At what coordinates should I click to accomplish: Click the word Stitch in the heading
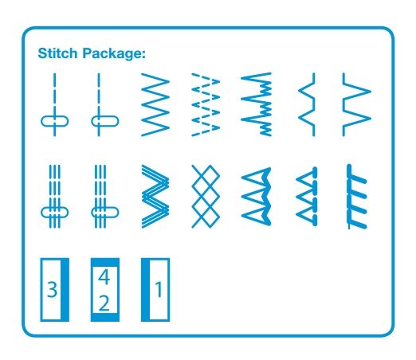57,53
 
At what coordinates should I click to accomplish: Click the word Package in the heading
112,54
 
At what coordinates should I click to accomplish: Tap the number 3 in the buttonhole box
52,290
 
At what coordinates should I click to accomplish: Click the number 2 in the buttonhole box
104,303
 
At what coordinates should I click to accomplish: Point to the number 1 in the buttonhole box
159,289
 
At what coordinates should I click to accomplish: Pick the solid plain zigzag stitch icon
155,104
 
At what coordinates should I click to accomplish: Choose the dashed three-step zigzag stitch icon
206,104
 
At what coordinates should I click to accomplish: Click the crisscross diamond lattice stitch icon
206,197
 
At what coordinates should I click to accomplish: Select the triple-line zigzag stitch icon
155,197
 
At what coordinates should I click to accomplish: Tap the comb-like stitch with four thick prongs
357,197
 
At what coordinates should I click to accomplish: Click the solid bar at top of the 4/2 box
105,262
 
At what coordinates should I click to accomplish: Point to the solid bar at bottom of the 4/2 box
105,317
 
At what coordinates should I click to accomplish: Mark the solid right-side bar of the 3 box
65,290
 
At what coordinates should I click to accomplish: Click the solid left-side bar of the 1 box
146,290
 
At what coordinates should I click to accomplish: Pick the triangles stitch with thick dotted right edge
307,197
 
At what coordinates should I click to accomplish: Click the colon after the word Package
144,54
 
